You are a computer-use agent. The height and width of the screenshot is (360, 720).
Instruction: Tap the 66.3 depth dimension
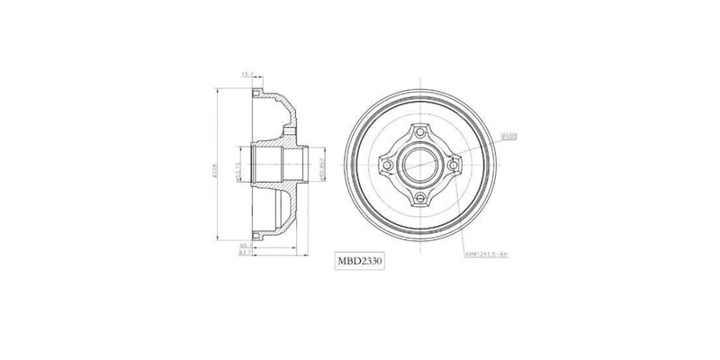coord(245,244)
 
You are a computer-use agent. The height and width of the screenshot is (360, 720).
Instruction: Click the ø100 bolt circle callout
coord(509,137)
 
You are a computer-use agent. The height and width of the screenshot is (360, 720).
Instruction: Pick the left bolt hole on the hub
coord(388,166)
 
